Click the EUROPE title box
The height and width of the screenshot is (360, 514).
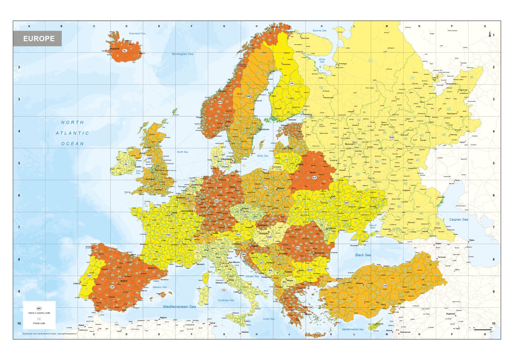click(37, 39)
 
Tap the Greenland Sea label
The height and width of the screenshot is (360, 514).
click(137, 33)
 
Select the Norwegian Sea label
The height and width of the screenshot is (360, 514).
click(182, 54)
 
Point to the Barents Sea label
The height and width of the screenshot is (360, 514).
click(319, 30)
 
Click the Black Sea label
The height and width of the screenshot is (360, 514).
click(363, 255)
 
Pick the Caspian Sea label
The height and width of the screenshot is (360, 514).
click(458, 220)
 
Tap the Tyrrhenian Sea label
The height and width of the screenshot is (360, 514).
click(226, 300)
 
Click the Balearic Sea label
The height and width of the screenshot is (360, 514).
click(160, 287)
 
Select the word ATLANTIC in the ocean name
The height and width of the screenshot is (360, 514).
click(72, 133)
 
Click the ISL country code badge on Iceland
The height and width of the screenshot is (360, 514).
click(125, 51)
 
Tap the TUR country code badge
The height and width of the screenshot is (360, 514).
click(385, 286)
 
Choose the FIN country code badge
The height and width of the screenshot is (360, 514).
click(291, 83)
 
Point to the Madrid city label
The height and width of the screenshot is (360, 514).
click(124, 281)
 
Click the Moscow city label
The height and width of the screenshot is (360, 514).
click(349, 144)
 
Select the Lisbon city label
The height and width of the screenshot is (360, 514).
click(76, 283)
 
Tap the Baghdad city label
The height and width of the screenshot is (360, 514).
click(450, 314)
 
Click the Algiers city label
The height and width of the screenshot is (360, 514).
click(163, 317)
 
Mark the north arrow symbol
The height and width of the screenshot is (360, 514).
click(490, 34)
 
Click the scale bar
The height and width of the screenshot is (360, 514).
click(482, 330)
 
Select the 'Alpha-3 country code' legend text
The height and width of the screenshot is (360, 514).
click(39, 313)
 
